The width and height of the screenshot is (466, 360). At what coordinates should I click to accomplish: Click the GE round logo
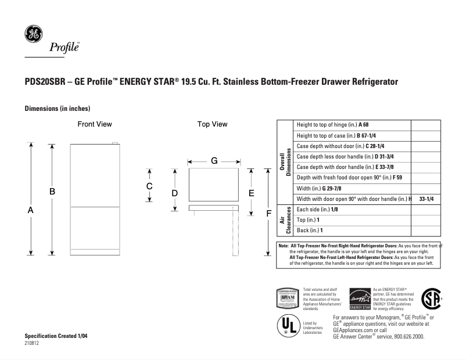pos(32,34)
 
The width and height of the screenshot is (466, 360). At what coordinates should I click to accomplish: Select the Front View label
pos(95,124)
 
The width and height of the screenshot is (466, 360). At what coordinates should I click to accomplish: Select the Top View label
pos(212,124)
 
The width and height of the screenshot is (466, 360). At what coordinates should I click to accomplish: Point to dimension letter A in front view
pos(30,212)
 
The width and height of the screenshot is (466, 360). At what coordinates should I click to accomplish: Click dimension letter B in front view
pos(52,191)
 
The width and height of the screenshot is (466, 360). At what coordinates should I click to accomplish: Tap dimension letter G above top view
pos(214,161)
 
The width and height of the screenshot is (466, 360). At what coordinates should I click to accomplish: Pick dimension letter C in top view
pos(149,186)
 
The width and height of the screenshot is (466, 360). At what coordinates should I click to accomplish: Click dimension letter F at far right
pos(268,214)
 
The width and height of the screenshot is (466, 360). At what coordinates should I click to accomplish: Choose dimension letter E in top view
pos(252,192)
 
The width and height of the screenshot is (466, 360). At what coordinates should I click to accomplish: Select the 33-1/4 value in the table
pos(426,199)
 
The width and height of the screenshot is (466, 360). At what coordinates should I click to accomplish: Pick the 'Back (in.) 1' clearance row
pos(310,231)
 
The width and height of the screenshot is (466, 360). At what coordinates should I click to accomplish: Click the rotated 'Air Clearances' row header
pos(285,221)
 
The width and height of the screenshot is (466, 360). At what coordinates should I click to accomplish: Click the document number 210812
pos(32,344)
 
